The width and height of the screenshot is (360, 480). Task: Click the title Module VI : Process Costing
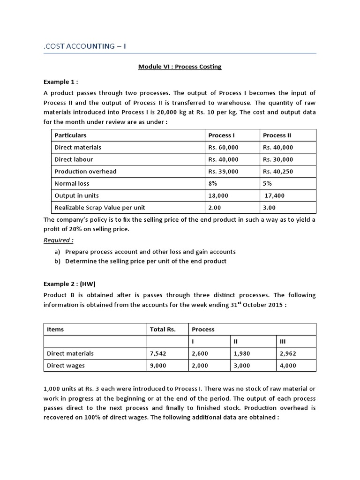180,67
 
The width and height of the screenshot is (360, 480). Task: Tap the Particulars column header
70,135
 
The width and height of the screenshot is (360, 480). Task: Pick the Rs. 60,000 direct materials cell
223,147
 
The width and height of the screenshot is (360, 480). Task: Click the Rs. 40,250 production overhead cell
278,172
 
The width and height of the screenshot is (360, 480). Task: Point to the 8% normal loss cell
213,184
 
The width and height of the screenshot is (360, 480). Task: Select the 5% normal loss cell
268,184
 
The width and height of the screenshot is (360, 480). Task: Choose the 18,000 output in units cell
218,195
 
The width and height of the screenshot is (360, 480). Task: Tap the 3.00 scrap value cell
270,208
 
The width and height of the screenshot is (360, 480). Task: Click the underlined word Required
58,240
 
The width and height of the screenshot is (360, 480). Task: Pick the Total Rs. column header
163,329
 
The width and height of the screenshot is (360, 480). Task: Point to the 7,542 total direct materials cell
158,353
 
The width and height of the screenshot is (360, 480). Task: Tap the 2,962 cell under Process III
287,353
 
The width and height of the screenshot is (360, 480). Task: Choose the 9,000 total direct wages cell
158,366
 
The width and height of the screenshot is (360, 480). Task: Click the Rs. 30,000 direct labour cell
278,159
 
